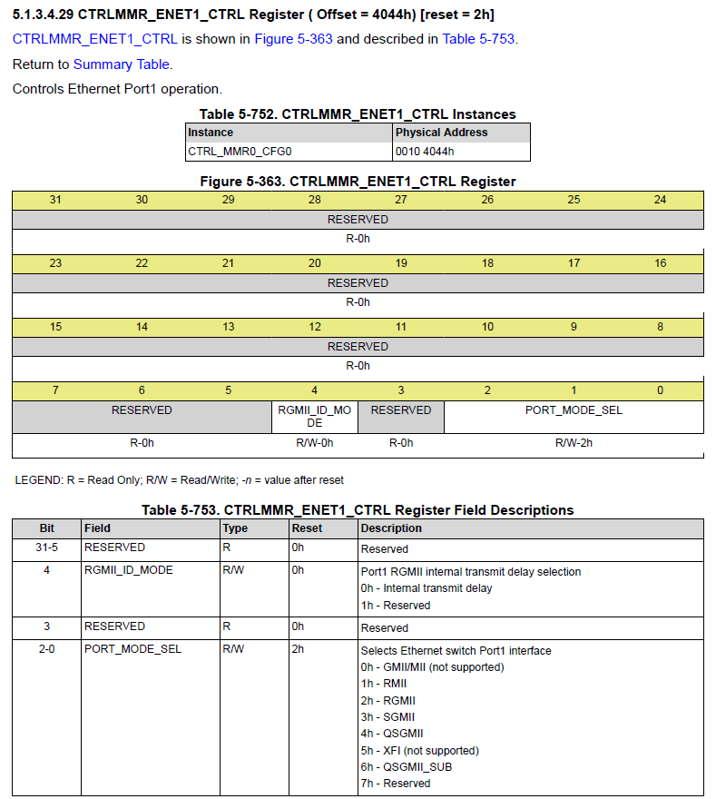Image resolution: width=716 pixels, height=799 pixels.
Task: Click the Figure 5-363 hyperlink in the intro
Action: pos(293,39)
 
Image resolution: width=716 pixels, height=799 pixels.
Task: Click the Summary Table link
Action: pos(121,64)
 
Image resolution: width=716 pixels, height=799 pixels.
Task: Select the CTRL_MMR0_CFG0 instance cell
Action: pos(240,152)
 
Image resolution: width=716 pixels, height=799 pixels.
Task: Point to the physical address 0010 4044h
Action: pos(425,152)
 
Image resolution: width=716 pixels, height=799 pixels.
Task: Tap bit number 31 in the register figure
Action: pos(55,199)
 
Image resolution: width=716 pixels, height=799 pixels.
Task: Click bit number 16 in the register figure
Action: pos(660,262)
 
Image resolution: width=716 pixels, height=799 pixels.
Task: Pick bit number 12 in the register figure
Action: pos(315,326)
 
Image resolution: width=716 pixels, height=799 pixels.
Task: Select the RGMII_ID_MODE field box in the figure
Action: pos(315,416)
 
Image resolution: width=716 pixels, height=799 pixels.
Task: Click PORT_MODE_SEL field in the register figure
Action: pos(574,409)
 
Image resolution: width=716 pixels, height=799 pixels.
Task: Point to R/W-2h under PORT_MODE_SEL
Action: pos(574,443)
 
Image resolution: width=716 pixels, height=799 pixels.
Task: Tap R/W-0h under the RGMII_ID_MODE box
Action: pos(315,443)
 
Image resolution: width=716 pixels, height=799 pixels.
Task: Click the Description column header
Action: pos(391,528)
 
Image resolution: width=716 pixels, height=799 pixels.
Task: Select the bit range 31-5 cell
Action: pos(47,547)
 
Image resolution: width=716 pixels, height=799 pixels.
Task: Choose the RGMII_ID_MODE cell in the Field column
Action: pos(128,570)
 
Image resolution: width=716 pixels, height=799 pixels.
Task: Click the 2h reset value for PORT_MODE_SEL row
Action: pos(298,649)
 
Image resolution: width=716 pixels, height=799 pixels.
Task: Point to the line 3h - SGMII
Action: pos(387,717)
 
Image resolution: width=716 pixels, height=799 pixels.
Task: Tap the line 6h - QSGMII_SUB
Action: pos(406,766)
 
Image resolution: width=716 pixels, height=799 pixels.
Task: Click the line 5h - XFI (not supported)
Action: pos(419,750)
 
